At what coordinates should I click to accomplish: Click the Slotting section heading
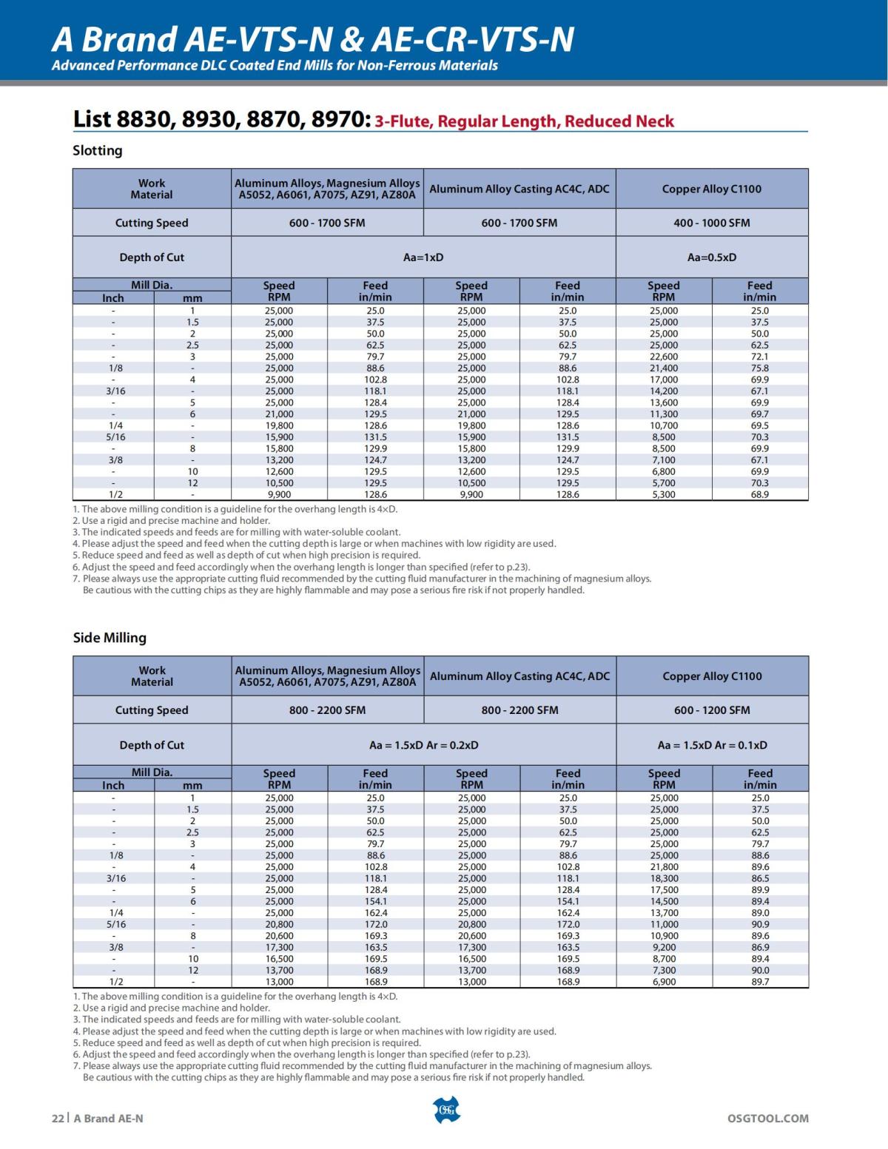click(97, 151)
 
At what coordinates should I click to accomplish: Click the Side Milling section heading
click(110, 638)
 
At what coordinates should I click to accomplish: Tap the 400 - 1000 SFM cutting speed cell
click(711, 223)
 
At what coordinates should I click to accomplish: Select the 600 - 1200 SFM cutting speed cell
click(711, 710)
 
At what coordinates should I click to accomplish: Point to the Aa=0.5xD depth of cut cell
click(711, 257)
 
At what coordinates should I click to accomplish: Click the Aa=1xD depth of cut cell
click(423, 257)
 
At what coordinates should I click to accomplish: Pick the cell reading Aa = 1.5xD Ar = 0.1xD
click(712, 745)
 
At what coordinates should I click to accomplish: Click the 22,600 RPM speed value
click(664, 357)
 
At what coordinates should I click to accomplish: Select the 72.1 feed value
click(759, 357)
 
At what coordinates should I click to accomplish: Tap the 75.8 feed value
click(759, 368)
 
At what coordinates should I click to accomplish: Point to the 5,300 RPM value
click(664, 494)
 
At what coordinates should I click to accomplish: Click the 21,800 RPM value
click(664, 867)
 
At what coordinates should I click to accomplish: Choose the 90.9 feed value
click(760, 924)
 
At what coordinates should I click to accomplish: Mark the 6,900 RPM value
click(664, 982)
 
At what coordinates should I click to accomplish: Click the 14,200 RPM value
click(664, 391)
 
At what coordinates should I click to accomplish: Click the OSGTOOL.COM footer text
click(767, 1119)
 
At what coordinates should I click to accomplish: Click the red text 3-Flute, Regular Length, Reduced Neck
click(524, 121)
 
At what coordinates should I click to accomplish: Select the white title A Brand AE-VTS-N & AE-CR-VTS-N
click(312, 38)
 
